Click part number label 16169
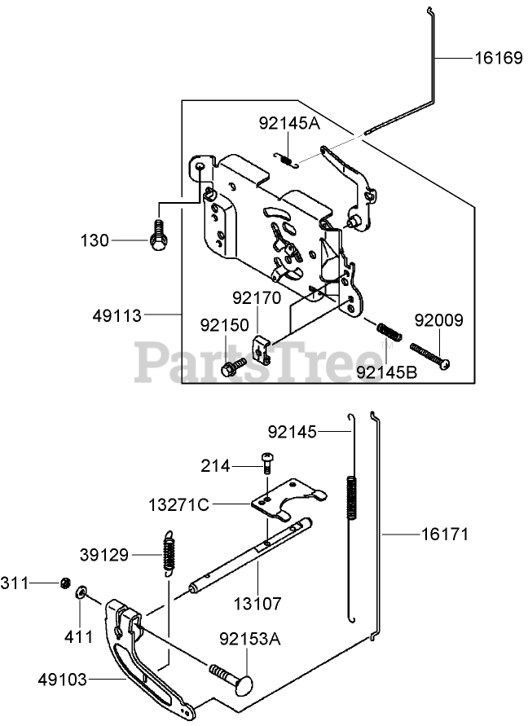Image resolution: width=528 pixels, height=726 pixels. tap(499, 59)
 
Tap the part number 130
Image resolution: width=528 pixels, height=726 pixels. tap(95, 240)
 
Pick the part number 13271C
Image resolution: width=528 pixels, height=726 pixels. tap(179, 504)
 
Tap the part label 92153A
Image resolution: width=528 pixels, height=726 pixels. tap(249, 639)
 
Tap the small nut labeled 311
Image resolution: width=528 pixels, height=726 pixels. tap(64, 583)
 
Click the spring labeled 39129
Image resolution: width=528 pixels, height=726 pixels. tap(169, 552)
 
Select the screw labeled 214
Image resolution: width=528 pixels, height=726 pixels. tap(266, 463)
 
